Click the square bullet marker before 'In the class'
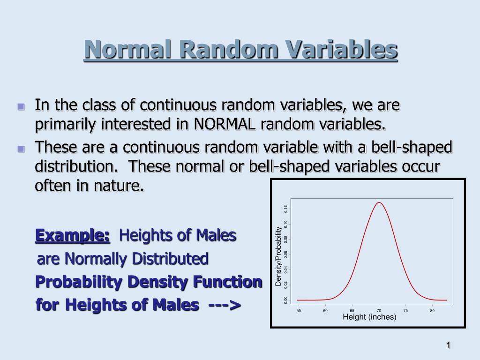tap(21, 106)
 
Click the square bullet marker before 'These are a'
tap(21, 149)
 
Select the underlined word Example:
tap(73, 235)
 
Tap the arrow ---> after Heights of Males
tap(224, 305)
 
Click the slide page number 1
tap(448, 345)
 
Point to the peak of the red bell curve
tap(379, 202)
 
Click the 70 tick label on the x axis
tap(379, 311)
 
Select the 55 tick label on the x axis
tap(298, 311)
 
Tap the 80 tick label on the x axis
tap(432, 311)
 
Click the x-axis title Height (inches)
tap(369, 317)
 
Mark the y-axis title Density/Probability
tap(278, 256)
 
